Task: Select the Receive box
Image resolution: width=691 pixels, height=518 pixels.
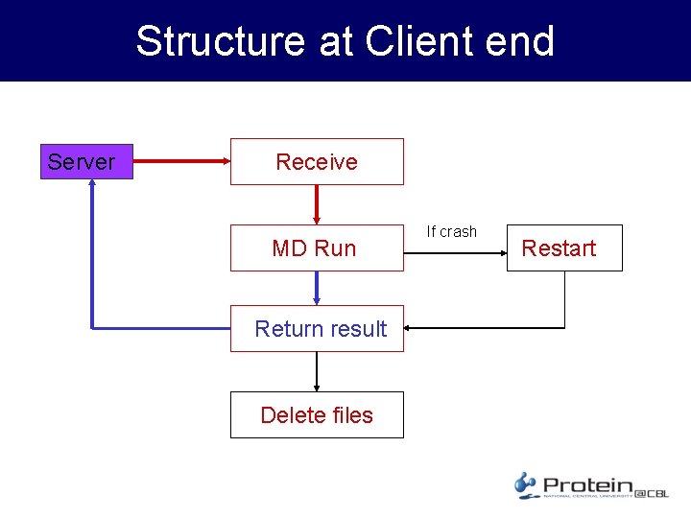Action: pyautogui.click(x=317, y=161)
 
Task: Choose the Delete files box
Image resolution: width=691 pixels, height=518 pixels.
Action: pyautogui.click(x=317, y=414)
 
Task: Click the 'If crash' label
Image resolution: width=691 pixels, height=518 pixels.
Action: pyautogui.click(x=451, y=231)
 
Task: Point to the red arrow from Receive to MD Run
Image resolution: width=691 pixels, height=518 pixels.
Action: pyautogui.click(x=317, y=204)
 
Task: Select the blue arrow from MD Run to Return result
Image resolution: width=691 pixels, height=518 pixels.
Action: pyautogui.click(x=317, y=288)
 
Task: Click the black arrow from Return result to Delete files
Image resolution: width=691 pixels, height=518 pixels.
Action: pyautogui.click(x=317, y=371)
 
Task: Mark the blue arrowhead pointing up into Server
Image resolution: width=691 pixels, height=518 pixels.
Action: pyautogui.click(x=92, y=187)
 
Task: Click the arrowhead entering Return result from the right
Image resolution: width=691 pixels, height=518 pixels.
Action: pyautogui.click(x=411, y=328)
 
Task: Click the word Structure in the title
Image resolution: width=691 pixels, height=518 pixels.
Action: pyautogui.click(x=220, y=41)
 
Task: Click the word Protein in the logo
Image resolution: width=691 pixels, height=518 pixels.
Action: pyautogui.click(x=587, y=486)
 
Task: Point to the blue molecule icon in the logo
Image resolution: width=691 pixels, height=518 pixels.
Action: pyautogui.click(x=525, y=484)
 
